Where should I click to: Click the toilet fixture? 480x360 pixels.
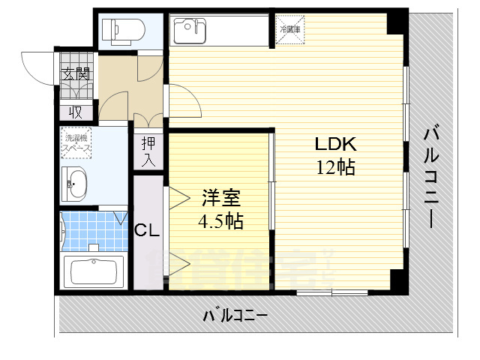(x=124, y=28)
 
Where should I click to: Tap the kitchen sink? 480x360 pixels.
(x=188, y=31)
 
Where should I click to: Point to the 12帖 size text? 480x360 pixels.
(x=335, y=167)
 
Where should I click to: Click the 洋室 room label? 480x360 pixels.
(x=220, y=199)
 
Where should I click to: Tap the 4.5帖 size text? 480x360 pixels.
(x=220, y=222)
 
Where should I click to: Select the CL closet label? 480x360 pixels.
(x=148, y=231)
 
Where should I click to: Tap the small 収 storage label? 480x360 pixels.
(x=76, y=112)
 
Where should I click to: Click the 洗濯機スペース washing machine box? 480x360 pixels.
(x=76, y=142)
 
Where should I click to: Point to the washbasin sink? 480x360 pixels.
(x=76, y=183)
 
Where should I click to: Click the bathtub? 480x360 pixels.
(x=94, y=271)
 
